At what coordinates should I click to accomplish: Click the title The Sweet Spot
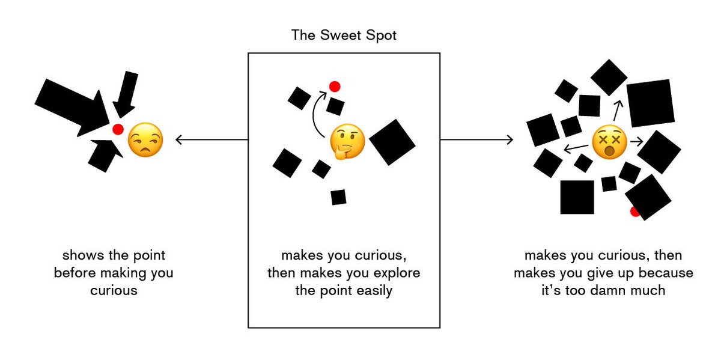[344, 35]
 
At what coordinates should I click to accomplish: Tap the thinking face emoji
[347, 142]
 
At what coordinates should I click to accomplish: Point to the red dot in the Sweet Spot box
[335, 87]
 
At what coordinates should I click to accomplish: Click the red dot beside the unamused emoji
[118, 129]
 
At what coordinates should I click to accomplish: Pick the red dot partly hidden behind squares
[634, 212]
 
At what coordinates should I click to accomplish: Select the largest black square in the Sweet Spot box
[392, 142]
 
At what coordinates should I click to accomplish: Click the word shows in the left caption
[78, 255]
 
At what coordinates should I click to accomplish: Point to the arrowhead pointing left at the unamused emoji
[178, 140]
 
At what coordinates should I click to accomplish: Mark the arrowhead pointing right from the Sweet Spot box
[510, 140]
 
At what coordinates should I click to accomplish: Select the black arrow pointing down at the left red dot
[126, 93]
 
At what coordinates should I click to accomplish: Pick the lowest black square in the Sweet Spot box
[338, 197]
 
